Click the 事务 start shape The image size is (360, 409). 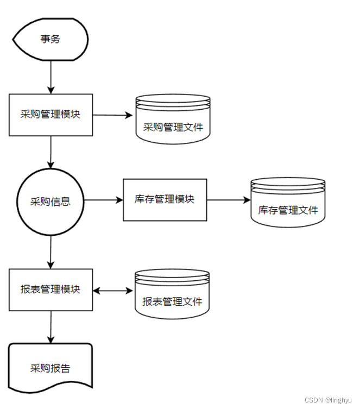(50, 40)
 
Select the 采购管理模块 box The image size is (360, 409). (50, 115)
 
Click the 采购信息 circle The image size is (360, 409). (50, 200)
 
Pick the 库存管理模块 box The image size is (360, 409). (165, 199)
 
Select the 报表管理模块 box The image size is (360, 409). (50, 290)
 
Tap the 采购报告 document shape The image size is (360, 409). (50, 368)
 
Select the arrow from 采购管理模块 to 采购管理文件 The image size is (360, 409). (113, 115)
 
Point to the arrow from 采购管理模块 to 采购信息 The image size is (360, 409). (51, 152)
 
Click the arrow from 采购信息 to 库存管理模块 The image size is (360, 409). (103, 200)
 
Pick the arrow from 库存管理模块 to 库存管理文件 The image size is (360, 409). (228, 200)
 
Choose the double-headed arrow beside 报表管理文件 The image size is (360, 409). (113, 290)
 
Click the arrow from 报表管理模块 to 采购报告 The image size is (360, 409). (51, 327)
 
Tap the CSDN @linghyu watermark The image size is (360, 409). (329, 400)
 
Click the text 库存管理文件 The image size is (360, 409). (288, 210)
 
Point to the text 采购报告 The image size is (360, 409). (50, 368)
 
